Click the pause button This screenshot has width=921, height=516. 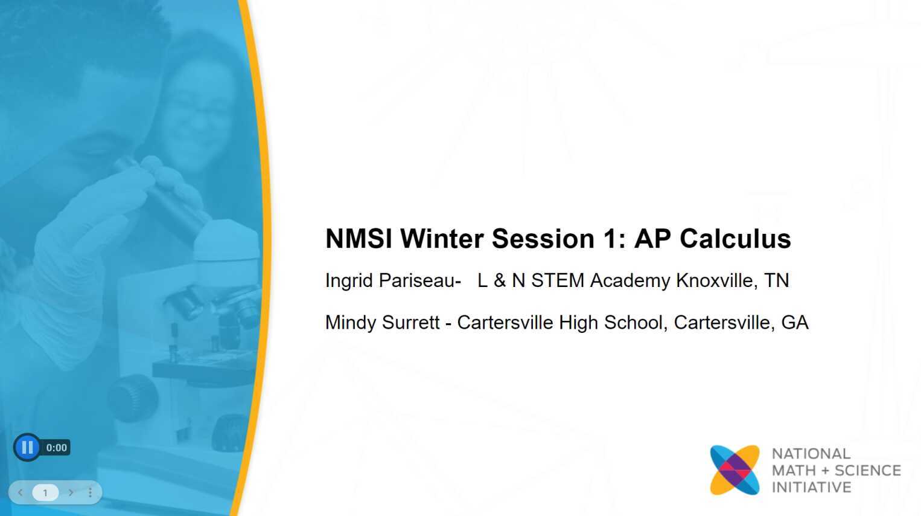point(27,447)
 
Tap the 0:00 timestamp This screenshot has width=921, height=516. point(56,448)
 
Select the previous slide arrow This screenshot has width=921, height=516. point(21,492)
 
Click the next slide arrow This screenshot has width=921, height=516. point(71,492)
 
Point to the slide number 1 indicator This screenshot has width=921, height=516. point(45,492)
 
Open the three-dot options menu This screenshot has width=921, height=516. point(91,492)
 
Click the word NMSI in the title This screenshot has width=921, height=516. point(359,239)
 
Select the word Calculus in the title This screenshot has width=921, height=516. point(735,239)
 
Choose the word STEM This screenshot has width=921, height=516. point(558,280)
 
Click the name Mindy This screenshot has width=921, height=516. point(350,323)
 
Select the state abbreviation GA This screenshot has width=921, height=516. point(794,323)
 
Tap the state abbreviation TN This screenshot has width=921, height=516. point(776,280)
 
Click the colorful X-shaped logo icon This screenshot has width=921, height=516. point(735,470)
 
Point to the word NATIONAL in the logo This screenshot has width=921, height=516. point(811,454)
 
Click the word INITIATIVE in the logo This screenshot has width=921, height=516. point(811,487)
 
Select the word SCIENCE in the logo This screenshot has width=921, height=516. point(867,471)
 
